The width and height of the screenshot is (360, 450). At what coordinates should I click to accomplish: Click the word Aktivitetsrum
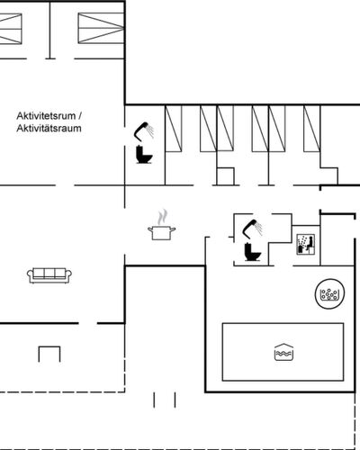[47, 116]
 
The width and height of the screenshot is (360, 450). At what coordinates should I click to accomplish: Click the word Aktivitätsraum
[49, 129]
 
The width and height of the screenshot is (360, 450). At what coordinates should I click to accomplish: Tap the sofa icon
[49, 275]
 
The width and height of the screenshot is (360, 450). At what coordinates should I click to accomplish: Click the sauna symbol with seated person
[306, 245]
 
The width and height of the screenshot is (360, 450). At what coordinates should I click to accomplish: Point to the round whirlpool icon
[329, 293]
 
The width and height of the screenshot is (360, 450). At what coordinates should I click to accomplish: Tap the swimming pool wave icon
[283, 352]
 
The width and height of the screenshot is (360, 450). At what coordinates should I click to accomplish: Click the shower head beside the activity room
[144, 130]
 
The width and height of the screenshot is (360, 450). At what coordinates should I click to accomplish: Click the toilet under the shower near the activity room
[144, 154]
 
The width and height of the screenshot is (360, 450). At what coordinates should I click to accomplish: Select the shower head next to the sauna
[253, 229]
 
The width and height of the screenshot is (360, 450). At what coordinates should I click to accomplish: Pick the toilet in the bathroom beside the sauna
[253, 251]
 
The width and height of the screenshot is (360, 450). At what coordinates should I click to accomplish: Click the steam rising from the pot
[162, 217]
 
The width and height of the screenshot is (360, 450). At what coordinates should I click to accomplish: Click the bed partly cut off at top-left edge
[11, 29]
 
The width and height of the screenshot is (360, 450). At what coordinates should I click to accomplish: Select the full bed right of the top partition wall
[101, 28]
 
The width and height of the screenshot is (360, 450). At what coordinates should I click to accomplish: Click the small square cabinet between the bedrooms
[225, 176]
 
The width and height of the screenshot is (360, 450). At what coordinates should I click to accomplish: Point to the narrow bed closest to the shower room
[174, 129]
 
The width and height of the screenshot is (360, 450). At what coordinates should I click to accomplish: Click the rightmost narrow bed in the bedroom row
[311, 129]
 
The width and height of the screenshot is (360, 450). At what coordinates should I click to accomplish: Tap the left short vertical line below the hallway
[154, 400]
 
